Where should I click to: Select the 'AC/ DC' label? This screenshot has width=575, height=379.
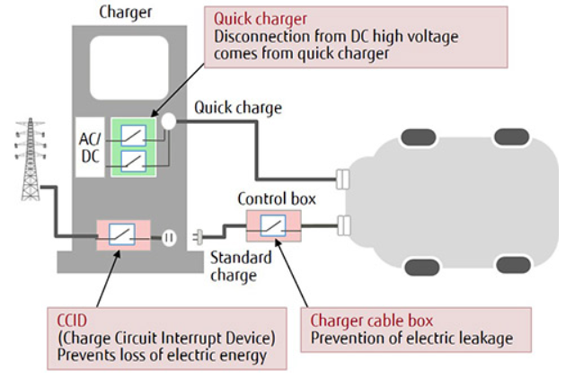point(91,148)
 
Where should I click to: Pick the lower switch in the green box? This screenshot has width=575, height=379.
point(134,162)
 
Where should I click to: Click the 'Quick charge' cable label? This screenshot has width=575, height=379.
point(237,108)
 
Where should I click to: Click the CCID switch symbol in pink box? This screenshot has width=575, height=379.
point(119,234)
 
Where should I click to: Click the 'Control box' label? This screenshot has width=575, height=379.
point(274,198)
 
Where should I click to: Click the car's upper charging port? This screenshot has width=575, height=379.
point(342,179)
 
